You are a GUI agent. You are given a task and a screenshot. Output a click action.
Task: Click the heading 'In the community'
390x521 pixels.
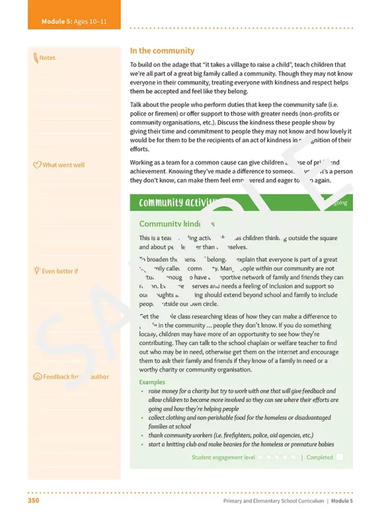click(x=162, y=51)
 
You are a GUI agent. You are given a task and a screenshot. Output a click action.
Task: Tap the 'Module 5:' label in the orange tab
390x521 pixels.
click(x=57, y=21)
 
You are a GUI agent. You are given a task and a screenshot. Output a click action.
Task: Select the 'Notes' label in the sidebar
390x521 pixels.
click(x=47, y=58)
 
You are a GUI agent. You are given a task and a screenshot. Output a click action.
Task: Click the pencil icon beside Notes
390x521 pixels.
click(x=35, y=58)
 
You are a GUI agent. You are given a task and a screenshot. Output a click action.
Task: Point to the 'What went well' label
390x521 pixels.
click(x=63, y=165)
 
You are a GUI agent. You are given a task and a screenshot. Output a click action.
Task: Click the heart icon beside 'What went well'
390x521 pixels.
click(x=36, y=165)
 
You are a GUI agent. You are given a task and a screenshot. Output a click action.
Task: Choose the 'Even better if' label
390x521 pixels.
click(x=60, y=271)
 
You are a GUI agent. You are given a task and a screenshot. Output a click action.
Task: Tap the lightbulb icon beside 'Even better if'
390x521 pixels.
click(x=36, y=270)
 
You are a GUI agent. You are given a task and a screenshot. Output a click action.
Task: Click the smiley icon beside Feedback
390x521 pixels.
click(x=37, y=377)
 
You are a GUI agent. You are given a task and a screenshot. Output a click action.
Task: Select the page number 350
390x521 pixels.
click(x=34, y=501)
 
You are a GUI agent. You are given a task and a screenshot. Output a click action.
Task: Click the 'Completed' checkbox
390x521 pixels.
click(x=339, y=457)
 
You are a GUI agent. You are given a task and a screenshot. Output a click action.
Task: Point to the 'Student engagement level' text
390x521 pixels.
click(x=223, y=457)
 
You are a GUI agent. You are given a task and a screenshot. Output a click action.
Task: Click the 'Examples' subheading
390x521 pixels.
click(x=152, y=382)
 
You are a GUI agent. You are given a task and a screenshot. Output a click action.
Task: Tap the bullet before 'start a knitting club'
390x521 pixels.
click(x=142, y=445)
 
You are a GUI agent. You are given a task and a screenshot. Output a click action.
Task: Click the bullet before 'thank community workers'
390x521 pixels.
click(x=142, y=436)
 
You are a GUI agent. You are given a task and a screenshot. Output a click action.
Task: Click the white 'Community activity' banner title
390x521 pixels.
click(x=171, y=203)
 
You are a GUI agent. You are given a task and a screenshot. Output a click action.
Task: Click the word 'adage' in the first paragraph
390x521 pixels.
click(x=177, y=65)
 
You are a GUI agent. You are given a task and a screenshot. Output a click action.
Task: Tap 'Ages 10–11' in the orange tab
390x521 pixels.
click(x=91, y=21)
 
